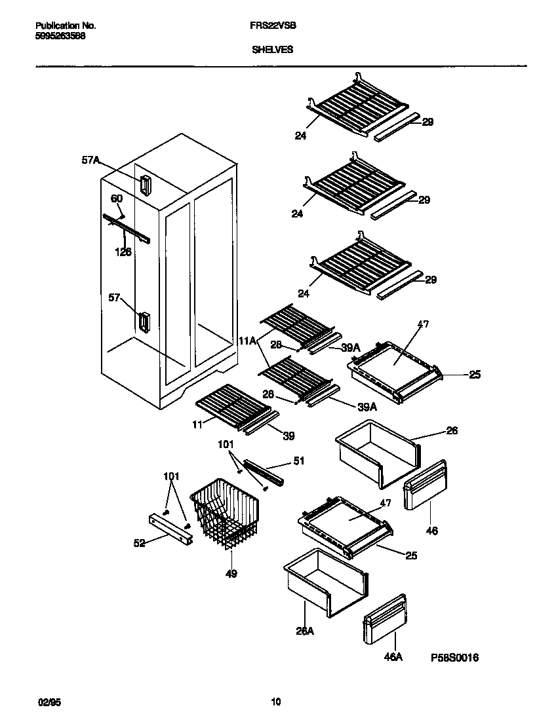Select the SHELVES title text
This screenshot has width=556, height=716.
[272, 49]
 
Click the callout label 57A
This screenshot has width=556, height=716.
[91, 159]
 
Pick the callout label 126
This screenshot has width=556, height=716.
[123, 251]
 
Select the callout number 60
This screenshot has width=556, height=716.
[116, 198]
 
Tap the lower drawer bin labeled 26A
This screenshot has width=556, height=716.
[325, 580]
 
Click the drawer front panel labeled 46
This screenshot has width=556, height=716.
[425, 484]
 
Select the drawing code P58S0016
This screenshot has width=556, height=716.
[454, 657]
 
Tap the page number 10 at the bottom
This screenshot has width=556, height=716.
[276, 702]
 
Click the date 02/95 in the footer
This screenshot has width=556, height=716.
[43, 702]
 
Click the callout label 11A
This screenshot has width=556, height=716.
[247, 341]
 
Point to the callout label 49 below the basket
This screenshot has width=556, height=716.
[231, 574]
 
